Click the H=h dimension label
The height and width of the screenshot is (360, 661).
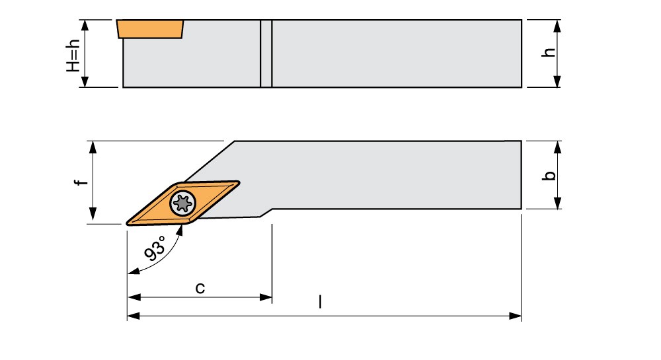[73, 55]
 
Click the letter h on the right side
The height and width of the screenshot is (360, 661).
[549, 52]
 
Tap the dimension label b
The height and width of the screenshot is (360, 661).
[549, 175]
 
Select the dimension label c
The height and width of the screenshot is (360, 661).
[200, 288]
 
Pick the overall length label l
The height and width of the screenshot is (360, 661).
[321, 301]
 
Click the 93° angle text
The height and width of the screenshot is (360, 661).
[155, 248]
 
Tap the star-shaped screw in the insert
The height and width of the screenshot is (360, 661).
[182, 203]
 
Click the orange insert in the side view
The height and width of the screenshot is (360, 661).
[151, 28]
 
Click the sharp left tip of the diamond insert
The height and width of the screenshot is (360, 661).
[127, 223]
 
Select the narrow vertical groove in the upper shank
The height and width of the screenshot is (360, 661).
[266, 54]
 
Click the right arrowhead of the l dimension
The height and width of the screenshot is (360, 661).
[515, 316]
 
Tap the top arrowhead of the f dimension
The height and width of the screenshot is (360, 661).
[93, 147]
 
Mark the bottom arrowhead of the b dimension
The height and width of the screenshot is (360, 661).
[557, 203]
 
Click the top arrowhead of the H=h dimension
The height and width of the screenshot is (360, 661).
[85, 26]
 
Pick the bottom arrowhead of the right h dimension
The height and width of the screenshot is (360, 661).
[557, 81]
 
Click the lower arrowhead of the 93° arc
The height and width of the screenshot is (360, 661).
[134, 271]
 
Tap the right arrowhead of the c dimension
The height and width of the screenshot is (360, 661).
[266, 297]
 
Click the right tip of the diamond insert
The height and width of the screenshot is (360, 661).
[239, 183]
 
